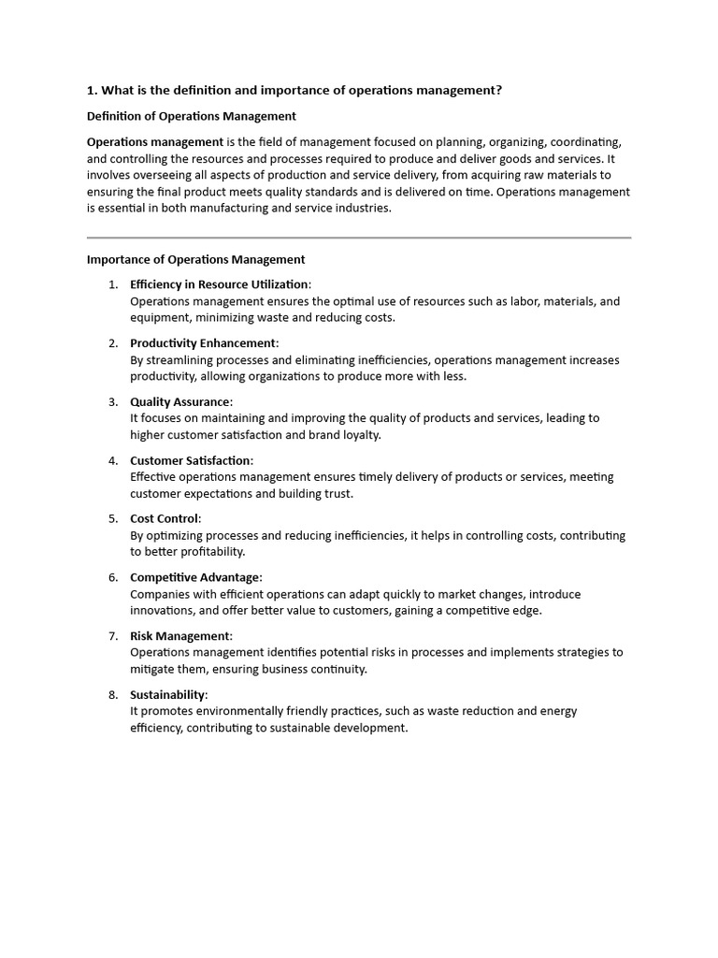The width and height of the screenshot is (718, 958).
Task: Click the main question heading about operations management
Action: click(294, 90)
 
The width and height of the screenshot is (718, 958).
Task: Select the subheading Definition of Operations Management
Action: click(192, 116)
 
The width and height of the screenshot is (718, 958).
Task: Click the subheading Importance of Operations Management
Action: click(195, 259)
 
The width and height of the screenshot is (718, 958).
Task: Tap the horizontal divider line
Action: click(359, 238)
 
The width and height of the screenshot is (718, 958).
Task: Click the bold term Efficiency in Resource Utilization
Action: click(219, 284)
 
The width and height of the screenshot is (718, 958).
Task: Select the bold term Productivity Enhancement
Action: click(203, 343)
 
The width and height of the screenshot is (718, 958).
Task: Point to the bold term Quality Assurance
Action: click(179, 402)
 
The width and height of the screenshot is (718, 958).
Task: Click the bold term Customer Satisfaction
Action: click(191, 460)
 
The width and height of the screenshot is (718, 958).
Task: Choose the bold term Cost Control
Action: click(165, 518)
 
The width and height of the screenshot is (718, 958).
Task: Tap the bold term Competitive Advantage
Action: click(195, 577)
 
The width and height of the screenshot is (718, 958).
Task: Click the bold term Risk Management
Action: click(179, 636)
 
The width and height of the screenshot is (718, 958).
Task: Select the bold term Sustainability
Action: click(167, 694)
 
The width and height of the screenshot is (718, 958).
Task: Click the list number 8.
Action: click(113, 694)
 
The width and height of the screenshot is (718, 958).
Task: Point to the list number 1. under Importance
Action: click(113, 284)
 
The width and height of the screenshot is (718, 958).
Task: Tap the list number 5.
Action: click(113, 518)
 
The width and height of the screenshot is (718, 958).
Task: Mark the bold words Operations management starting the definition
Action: click(154, 141)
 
